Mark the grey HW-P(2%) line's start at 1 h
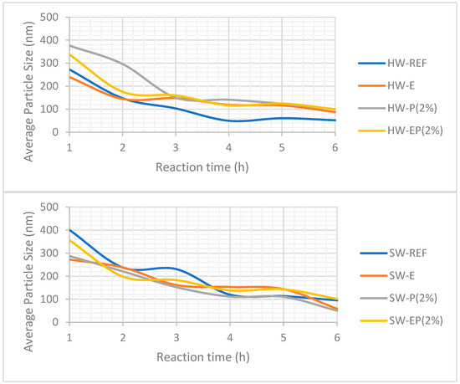(69, 45)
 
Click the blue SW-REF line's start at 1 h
(69, 229)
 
